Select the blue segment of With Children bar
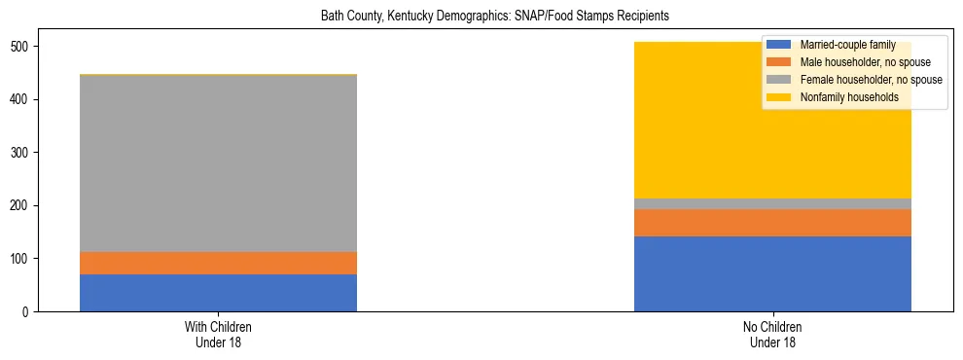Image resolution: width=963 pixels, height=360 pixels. pyautogui.click(x=218, y=293)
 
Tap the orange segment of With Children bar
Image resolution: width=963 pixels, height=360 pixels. pyautogui.click(x=218, y=263)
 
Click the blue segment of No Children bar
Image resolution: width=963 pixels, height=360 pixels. pyautogui.click(x=772, y=273)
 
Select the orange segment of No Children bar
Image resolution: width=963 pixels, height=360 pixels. pyautogui.click(x=772, y=223)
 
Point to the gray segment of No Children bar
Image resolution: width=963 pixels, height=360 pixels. pyautogui.click(x=772, y=203)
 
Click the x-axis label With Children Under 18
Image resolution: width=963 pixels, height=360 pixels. pyautogui.click(x=218, y=334)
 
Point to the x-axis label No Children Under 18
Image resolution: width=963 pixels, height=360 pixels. pyautogui.click(x=772, y=334)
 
